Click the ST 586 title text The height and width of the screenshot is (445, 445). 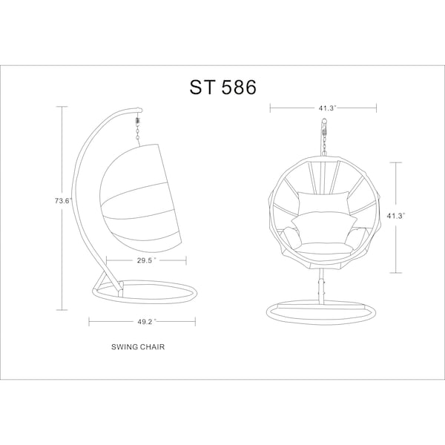223,87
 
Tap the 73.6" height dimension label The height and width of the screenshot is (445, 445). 63,201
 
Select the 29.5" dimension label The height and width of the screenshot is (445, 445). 146,260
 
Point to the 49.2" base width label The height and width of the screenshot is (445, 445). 146,322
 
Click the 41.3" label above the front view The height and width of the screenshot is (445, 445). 327,108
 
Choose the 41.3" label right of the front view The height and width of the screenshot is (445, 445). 395,216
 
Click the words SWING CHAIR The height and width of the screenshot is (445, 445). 138,347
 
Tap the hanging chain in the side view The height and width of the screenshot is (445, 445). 138,130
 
